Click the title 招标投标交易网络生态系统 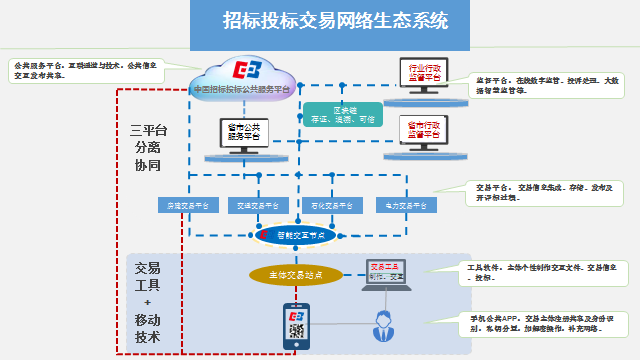pyautogui.click(x=335, y=20)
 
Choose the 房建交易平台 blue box pyautogui.click(x=186, y=205)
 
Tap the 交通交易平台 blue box pyautogui.click(x=257, y=205)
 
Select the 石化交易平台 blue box pyautogui.click(x=328, y=205)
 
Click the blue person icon pyautogui.click(x=383, y=325)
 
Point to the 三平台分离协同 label pyautogui.click(x=146, y=147)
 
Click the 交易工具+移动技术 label pyautogui.click(x=146, y=299)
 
